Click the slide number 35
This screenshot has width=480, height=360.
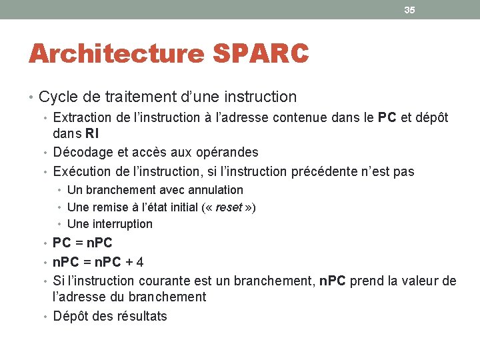pyautogui.click(x=409, y=10)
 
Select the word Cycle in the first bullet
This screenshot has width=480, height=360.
pyautogui.click(x=57, y=97)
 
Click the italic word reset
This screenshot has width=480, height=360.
pyautogui.click(x=229, y=207)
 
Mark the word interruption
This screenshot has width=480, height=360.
pyautogui.click(x=121, y=224)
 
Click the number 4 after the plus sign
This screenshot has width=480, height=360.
pyautogui.click(x=139, y=262)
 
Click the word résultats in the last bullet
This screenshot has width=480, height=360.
pyautogui.click(x=141, y=316)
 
